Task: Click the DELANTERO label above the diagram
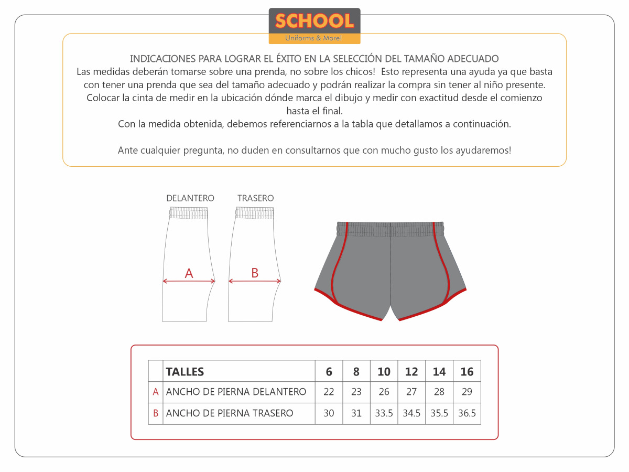pyautogui.click(x=190, y=198)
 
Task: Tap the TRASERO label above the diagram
pyautogui.click(x=255, y=198)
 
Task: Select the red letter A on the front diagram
pyautogui.click(x=189, y=273)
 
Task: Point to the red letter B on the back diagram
pyautogui.click(x=255, y=273)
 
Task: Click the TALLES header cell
pyautogui.click(x=185, y=372)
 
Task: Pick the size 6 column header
pyautogui.click(x=329, y=372)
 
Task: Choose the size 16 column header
pyautogui.click(x=467, y=372)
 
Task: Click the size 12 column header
pyautogui.click(x=411, y=372)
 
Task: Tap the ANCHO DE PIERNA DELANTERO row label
pyautogui.click(x=236, y=392)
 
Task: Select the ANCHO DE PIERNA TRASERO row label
pyautogui.click(x=230, y=413)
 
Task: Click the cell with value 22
pyautogui.click(x=329, y=392)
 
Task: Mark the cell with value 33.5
pyautogui.click(x=384, y=413)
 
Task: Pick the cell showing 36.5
pyautogui.click(x=467, y=413)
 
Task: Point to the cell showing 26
pyautogui.click(x=384, y=392)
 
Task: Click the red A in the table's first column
pyautogui.click(x=156, y=392)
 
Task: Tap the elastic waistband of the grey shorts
pyautogui.click(x=391, y=229)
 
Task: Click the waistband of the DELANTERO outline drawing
pyautogui.click(x=189, y=212)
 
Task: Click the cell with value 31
pyautogui.click(x=356, y=413)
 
